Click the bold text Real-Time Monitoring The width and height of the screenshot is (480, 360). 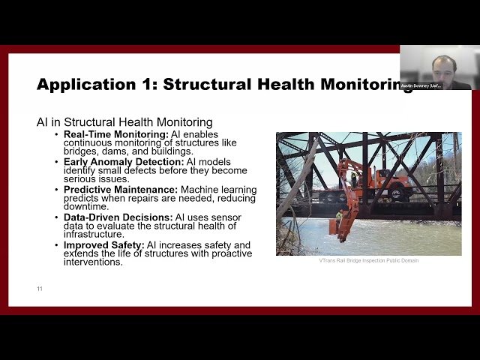(x=116, y=134)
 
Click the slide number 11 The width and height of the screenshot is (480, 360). (x=40, y=288)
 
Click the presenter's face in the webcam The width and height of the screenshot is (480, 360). (x=444, y=64)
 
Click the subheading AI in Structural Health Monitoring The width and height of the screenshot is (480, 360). (x=124, y=121)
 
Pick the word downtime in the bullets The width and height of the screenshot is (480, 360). (x=88, y=206)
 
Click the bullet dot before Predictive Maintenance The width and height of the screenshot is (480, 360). (x=56, y=190)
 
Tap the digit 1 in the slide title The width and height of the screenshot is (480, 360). (x=150, y=84)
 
